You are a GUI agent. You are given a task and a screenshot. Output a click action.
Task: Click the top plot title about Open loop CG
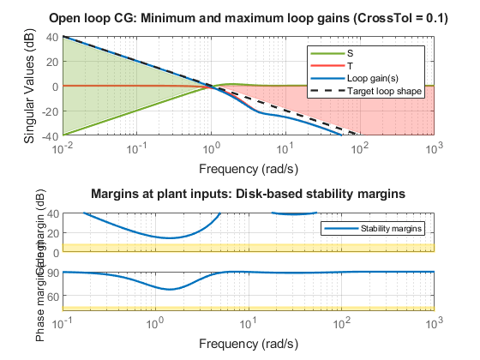248,19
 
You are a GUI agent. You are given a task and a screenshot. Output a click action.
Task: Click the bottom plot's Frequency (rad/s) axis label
248,344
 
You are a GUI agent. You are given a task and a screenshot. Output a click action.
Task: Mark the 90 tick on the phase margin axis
53,272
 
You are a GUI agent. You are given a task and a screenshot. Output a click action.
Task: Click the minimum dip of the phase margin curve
172,289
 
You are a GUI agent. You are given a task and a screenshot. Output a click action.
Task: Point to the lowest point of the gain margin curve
172,237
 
